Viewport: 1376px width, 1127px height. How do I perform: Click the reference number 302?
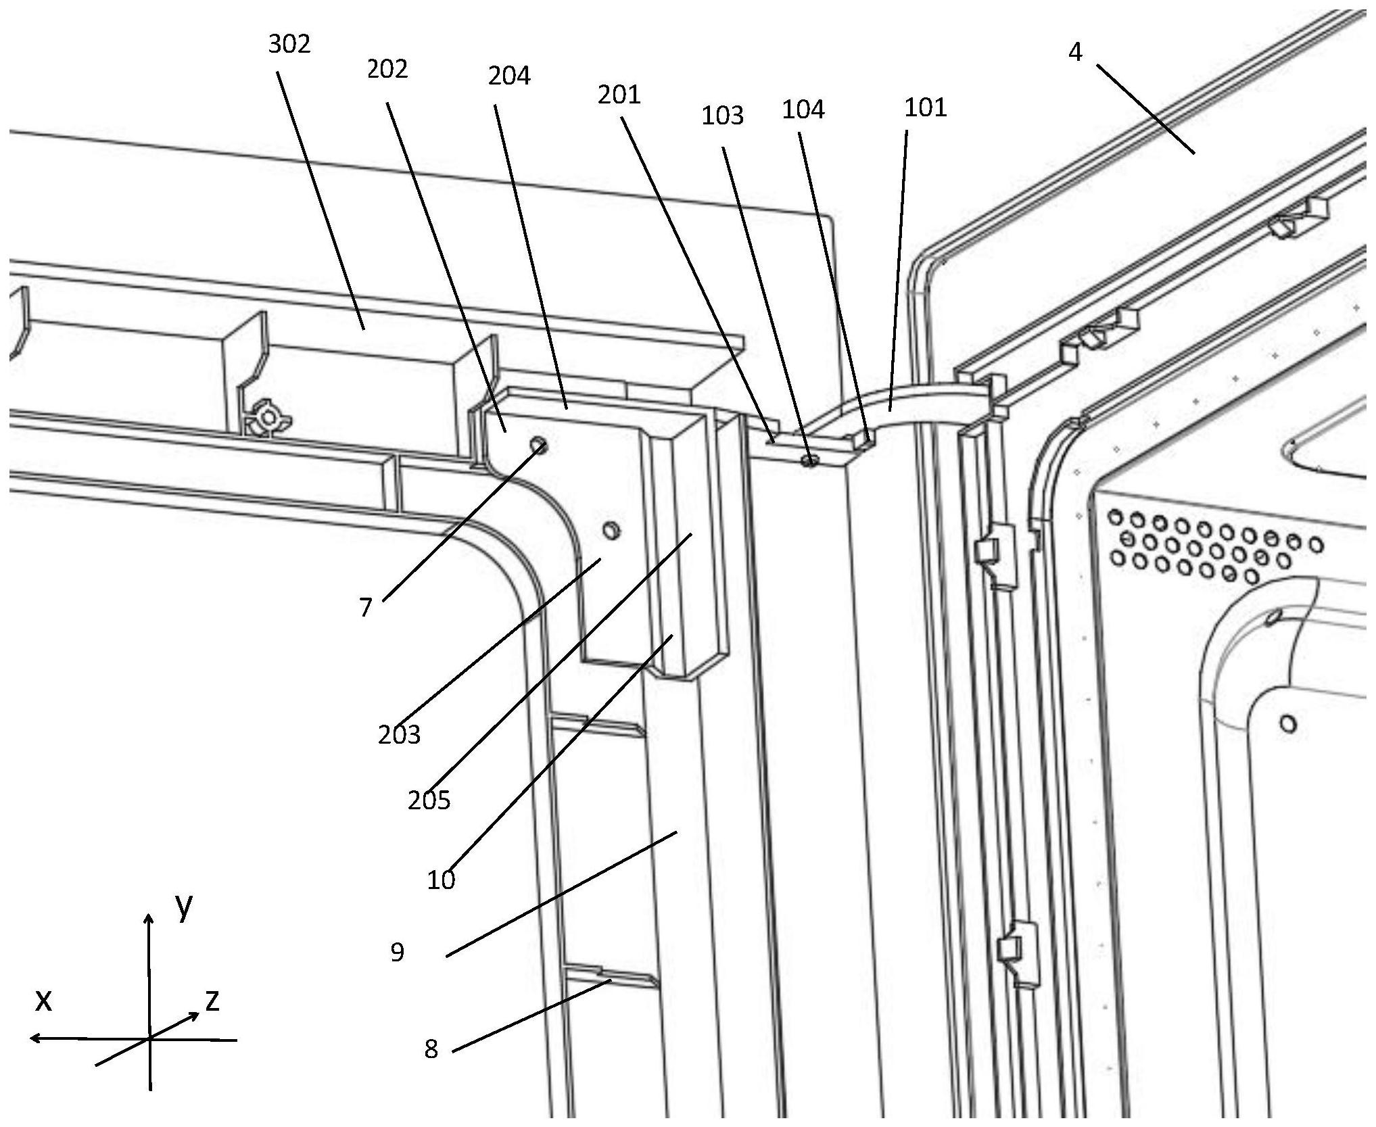289,45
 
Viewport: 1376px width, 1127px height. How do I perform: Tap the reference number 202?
387,70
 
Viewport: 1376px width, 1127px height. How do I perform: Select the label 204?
509,76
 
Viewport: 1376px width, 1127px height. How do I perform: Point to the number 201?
619,95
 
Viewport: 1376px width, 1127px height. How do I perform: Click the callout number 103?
722,116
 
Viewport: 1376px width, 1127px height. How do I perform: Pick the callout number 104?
803,110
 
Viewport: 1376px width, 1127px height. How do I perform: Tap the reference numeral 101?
926,107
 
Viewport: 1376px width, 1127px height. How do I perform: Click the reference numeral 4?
1075,52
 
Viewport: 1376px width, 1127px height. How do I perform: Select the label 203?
399,734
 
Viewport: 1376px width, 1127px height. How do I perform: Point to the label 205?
429,800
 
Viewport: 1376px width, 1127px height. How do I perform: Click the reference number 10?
441,880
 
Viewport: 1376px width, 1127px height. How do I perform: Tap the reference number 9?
398,953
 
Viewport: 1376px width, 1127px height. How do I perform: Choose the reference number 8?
431,1049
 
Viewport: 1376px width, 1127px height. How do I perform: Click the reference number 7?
366,608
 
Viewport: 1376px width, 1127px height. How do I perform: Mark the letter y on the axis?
183,908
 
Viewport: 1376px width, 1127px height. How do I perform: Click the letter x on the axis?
43,1001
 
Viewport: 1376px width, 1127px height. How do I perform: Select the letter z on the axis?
212,1001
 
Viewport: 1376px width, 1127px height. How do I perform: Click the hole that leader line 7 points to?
539,445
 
